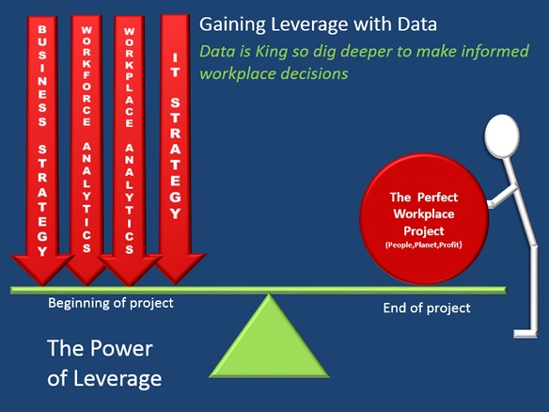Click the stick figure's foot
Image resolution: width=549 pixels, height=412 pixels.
tap(525, 333)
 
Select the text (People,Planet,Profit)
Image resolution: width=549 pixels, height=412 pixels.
tap(424, 245)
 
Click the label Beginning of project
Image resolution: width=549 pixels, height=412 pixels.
tap(111, 303)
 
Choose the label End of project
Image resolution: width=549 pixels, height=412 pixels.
tap(427, 309)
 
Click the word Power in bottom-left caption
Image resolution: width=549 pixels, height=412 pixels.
tap(121, 349)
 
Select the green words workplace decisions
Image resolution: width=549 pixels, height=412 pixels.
tap(274, 74)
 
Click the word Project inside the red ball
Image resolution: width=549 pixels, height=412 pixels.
tap(424, 231)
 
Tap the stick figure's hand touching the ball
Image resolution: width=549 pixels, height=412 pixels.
tap(491, 204)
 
